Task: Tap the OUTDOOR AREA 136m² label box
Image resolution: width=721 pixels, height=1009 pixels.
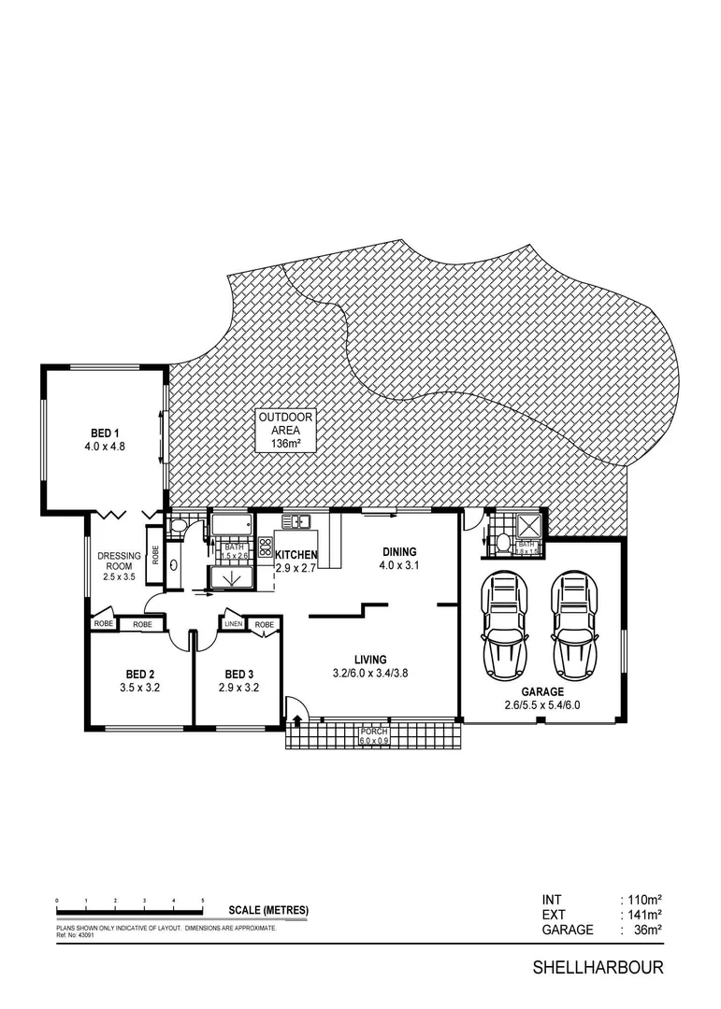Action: [x=285, y=431]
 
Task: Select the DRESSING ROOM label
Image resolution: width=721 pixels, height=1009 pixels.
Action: [x=119, y=566]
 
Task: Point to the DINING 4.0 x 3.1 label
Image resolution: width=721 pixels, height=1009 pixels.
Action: [x=398, y=558]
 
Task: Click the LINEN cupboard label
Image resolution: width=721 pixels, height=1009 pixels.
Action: [x=234, y=624]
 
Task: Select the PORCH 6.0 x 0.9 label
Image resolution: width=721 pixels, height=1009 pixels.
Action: [x=374, y=735]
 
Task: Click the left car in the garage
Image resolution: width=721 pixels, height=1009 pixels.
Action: [x=504, y=628]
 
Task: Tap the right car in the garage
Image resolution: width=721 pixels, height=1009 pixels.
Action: [x=574, y=628]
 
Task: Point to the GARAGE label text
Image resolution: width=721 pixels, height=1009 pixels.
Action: [x=543, y=692]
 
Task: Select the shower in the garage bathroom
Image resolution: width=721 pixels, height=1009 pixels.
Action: [x=527, y=526]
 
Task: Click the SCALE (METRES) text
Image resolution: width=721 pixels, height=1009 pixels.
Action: [x=268, y=910]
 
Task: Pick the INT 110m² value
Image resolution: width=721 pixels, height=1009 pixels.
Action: [x=643, y=900]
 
